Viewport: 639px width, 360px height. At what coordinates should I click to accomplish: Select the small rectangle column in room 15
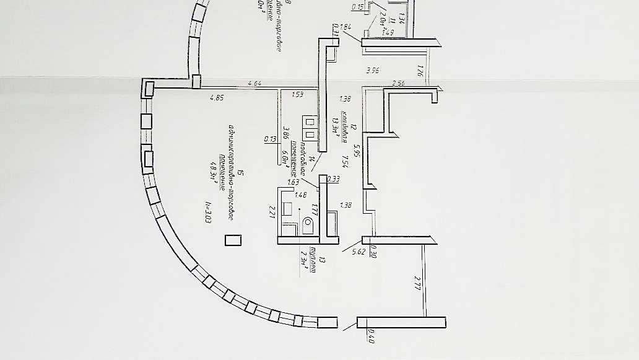click(x=233, y=240)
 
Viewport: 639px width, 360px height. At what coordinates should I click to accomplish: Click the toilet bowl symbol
click(x=308, y=225)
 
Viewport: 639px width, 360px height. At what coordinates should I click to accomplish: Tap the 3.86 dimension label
click(x=286, y=133)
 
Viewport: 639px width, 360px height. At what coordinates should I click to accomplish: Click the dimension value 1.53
click(x=297, y=94)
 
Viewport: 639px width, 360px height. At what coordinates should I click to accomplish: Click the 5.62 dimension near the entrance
click(x=358, y=251)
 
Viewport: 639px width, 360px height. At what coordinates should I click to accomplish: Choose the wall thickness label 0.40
click(x=372, y=338)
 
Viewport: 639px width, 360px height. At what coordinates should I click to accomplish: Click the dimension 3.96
click(x=372, y=71)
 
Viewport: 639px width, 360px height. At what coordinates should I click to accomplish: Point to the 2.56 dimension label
click(x=399, y=84)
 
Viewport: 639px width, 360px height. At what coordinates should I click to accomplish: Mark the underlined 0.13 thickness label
click(x=270, y=139)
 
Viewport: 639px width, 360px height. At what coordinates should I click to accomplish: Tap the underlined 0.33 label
click(x=333, y=179)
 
